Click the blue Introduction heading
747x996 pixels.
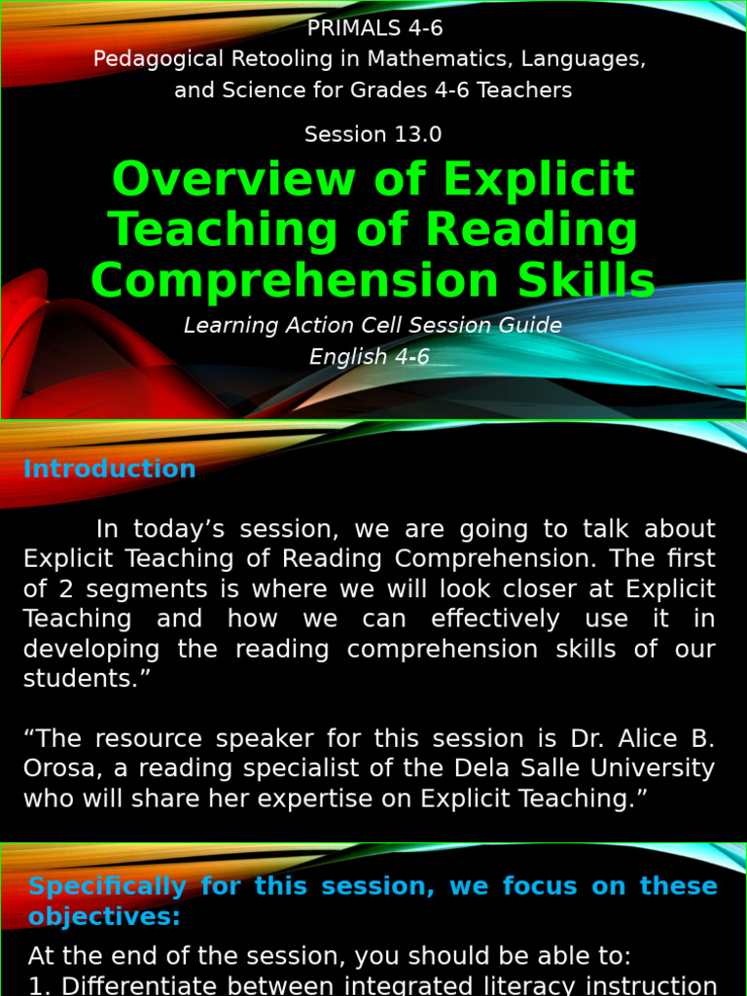click(110, 469)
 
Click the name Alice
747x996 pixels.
click(645, 739)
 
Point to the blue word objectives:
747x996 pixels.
click(104, 916)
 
